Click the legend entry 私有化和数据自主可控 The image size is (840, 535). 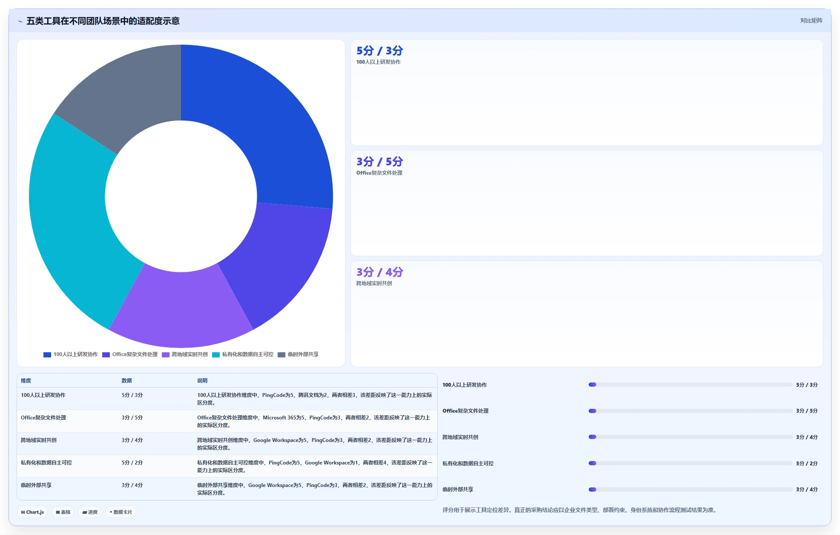coord(243,354)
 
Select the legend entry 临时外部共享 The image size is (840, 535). coord(298,354)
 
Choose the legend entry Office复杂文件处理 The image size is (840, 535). coord(130,354)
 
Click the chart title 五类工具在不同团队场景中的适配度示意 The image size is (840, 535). coord(103,21)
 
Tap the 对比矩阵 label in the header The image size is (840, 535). coord(811,20)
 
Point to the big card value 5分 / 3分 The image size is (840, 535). coord(379,51)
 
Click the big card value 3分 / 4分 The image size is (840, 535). coord(379,272)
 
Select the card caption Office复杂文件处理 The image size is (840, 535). coord(379,173)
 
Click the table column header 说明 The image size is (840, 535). coord(202,381)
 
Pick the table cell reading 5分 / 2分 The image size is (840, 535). coord(132,463)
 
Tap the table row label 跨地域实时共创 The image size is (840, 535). coord(39,440)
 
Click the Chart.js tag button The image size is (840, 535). coord(33,512)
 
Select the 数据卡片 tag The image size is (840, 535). coord(121,512)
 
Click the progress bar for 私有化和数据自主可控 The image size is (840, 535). coord(690,463)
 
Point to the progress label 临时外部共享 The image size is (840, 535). coord(458,490)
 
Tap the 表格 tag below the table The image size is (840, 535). coord(63,512)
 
